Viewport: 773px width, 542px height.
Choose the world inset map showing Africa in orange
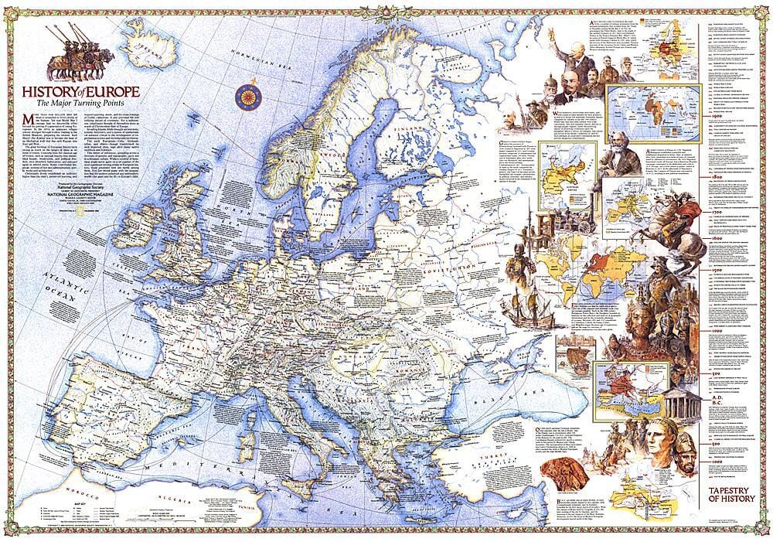646,106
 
